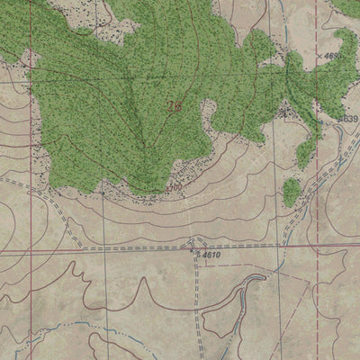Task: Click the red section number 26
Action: point(173,105)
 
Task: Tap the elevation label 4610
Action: point(209,256)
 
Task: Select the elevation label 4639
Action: point(348,119)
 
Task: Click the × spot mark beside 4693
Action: point(320,56)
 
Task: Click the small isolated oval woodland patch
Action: point(291,192)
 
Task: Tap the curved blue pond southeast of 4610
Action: point(252,286)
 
